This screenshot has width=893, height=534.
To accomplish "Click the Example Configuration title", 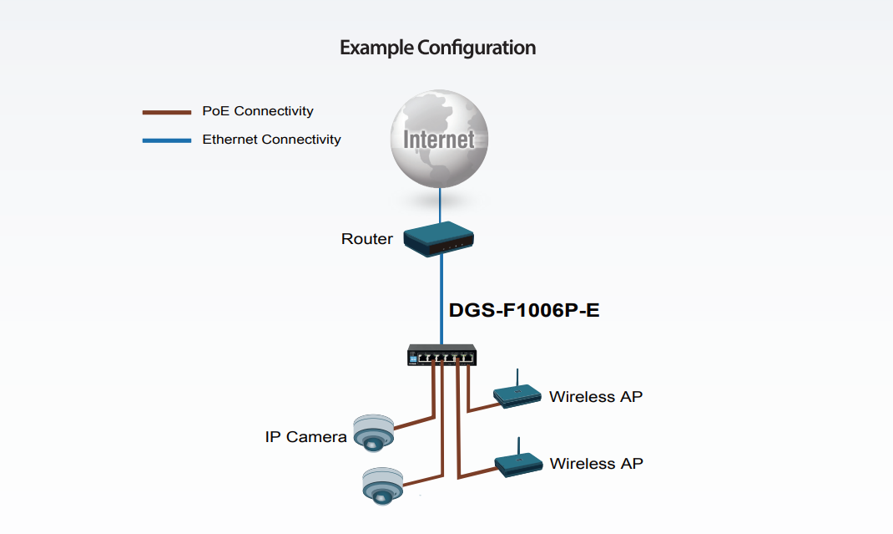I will [437, 48].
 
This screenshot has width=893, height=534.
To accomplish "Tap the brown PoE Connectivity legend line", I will [167, 112].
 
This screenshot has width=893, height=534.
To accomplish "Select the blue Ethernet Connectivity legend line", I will [167, 140].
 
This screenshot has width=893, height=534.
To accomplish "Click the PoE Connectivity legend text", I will [258, 111].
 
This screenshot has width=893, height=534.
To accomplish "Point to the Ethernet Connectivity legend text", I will [271, 140].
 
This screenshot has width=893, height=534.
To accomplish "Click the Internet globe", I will [439, 138].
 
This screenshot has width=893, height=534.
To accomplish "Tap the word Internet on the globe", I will [439, 139].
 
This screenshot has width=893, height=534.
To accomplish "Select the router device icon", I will [439, 236].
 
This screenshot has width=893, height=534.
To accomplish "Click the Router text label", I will [366, 239].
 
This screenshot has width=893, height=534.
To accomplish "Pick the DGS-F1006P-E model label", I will [524, 310].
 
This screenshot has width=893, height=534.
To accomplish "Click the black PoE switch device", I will [441, 355].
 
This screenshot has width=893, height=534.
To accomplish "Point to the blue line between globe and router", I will [440, 204].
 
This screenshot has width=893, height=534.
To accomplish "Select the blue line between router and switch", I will [441, 297].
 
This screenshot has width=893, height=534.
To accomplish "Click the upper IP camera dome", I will [372, 431].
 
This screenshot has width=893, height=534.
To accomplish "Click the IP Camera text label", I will [305, 436].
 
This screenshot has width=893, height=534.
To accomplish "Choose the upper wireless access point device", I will [517, 394].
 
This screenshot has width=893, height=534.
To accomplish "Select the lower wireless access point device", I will [519, 463].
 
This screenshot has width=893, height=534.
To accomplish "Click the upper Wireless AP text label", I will [596, 396].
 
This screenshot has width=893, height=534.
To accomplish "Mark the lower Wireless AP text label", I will [596, 463].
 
